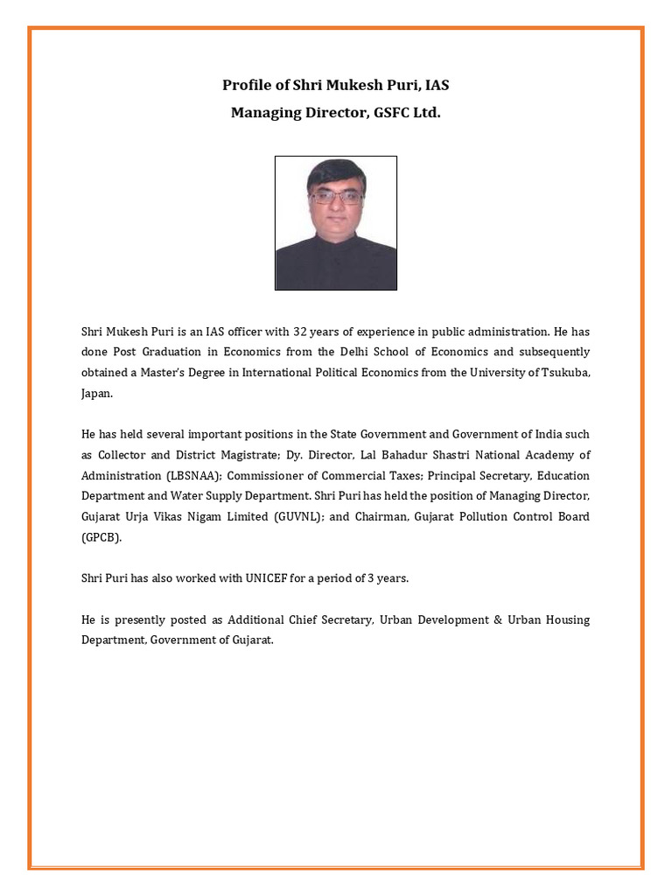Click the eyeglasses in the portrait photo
tap(336, 198)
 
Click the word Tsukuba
tap(564, 373)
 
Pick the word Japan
tap(96, 394)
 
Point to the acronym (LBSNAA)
tap(194, 476)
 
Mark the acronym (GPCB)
tap(101, 538)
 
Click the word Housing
tap(566, 619)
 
